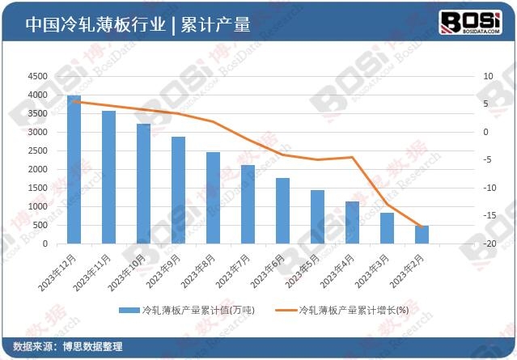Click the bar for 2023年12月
point(74,169)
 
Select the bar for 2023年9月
point(178,190)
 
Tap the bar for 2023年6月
point(282,210)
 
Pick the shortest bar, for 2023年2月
point(422,235)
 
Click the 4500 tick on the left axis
point(37,76)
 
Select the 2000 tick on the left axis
point(37,169)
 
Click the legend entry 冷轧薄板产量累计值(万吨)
point(186,310)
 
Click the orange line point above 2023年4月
point(352,157)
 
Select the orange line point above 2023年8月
point(213,121)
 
